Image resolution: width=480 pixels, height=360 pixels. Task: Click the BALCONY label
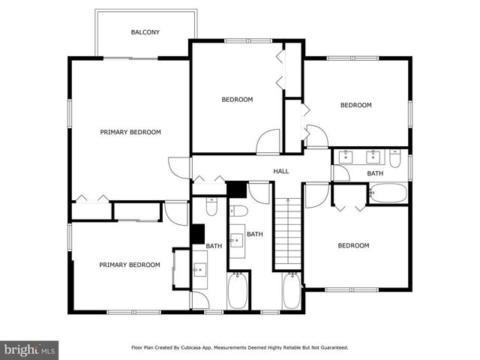point(145,32)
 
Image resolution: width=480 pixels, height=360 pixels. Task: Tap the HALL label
point(281,172)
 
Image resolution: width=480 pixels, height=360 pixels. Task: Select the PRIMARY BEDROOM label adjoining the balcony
point(130,132)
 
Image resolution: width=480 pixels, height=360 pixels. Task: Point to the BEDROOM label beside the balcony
point(237,99)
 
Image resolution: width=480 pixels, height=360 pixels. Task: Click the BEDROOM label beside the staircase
point(353,245)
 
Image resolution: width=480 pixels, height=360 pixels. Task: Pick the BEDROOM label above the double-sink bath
point(356,105)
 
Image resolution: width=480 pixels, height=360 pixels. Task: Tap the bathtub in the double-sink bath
point(388,193)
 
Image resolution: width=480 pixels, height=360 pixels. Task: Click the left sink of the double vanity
point(347,157)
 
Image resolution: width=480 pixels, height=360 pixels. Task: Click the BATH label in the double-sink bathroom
point(375,174)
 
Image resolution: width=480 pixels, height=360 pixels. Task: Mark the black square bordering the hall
point(237,189)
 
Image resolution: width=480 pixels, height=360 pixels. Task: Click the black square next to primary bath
point(198,234)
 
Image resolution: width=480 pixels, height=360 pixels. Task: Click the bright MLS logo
point(30,349)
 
